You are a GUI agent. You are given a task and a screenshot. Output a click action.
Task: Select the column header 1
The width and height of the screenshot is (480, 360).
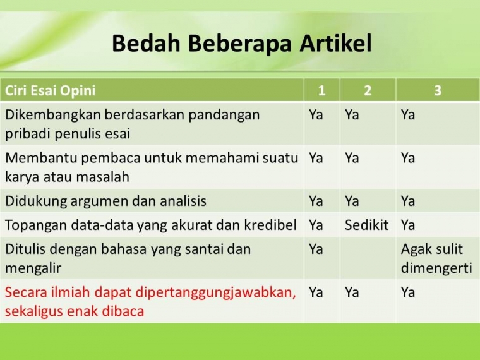(x=321, y=90)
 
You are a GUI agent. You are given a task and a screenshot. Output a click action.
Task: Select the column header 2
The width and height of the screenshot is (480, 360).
(x=368, y=90)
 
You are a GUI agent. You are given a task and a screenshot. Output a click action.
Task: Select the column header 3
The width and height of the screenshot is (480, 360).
(x=437, y=90)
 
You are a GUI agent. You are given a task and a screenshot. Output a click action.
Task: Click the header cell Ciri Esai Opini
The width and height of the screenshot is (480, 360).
(x=51, y=90)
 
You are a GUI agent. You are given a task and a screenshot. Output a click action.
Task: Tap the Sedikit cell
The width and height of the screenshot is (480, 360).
(x=366, y=225)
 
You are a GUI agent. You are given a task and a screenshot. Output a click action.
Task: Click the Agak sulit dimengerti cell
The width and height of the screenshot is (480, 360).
(x=436, y=258)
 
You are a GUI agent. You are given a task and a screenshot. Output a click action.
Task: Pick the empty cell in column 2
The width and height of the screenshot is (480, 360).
(x=368, y=258)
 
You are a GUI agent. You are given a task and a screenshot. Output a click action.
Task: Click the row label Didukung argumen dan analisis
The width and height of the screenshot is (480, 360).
(x=105, y=201)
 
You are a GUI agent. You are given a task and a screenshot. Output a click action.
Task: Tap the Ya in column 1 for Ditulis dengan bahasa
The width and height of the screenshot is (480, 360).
(x=316, y=249)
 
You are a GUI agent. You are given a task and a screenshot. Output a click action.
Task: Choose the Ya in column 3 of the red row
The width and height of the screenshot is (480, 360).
(x=408, y=292)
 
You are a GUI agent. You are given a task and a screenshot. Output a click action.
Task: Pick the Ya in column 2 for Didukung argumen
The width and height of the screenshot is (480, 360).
(x=352, y=201)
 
